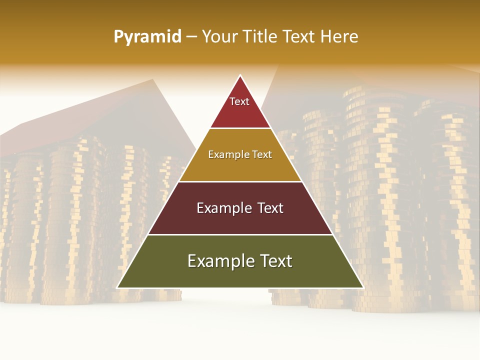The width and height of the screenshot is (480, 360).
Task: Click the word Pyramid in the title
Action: (147, 37)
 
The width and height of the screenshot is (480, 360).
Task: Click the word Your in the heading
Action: (219, 36)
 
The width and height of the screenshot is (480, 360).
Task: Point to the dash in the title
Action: (191, 37)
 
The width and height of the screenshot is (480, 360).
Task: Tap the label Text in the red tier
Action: (239, 101)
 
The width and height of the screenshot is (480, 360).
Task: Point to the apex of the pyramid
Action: (240, 75)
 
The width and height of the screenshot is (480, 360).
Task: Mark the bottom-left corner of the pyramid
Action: (117, 287)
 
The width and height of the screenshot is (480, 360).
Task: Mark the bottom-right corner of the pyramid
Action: (363, 287)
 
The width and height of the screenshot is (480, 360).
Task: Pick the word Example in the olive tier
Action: (218, 261)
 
